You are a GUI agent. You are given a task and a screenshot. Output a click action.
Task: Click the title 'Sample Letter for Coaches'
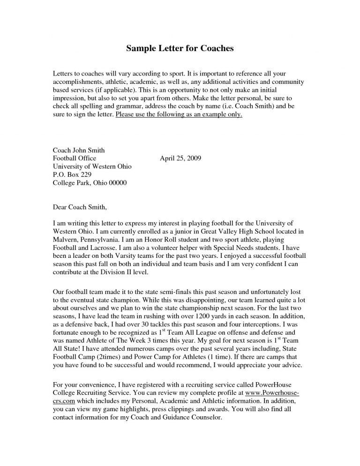coord(180,48)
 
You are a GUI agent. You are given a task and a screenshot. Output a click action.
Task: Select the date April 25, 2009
coord(180,159)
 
